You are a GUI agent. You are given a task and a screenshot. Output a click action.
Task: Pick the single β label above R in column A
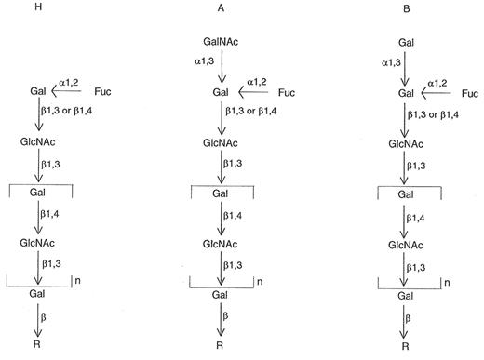click(233, 318)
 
